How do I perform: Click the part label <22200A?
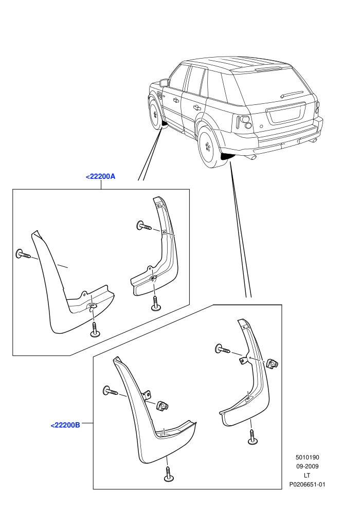[100, 176]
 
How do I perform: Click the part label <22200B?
[65, 425]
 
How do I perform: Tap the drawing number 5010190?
[307, 458]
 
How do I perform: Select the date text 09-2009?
[307, 466]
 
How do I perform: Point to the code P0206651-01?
[307, 485]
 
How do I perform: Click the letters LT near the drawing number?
[307, 476]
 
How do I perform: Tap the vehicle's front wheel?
[155, 113]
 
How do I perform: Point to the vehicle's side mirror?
[164, 83]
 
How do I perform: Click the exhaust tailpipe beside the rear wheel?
[251, 157]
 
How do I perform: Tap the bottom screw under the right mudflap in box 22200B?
[252, 437]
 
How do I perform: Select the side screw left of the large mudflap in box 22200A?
[23, 253]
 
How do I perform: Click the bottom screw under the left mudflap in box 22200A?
[95, 330]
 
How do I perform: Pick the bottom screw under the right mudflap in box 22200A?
[156, 303]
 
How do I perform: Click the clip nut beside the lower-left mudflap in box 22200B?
[163, 406]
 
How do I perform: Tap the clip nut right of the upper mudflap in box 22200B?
[273, 363]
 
